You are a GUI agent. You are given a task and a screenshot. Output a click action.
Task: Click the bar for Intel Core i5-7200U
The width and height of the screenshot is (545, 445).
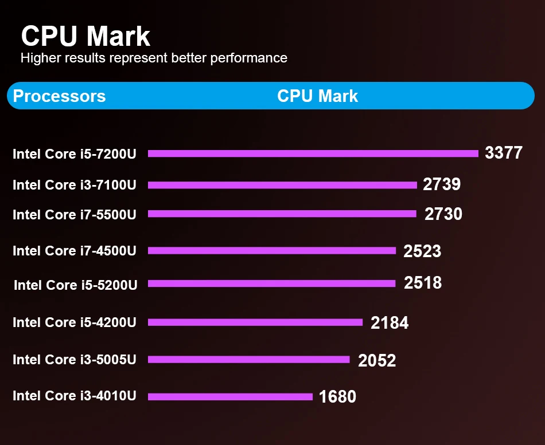pos(313,153)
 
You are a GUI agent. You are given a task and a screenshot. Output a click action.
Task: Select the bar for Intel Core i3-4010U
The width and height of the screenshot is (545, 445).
pos(230,396)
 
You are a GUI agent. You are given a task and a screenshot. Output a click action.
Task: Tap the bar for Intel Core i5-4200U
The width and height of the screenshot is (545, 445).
pos(255,322)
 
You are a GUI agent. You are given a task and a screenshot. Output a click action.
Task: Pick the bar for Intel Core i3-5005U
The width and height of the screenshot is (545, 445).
pos(249,360)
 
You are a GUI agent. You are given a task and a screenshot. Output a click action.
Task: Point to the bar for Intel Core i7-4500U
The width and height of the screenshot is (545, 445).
pos(272,250)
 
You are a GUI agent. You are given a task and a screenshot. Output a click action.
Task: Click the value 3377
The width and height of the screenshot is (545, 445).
pos(504,153)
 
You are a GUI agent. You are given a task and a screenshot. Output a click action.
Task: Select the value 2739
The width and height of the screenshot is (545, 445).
pos(442,184)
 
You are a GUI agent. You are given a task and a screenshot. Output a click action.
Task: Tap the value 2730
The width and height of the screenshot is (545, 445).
pos(443,214)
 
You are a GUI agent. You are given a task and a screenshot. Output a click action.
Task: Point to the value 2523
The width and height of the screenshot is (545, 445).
pos(422,251)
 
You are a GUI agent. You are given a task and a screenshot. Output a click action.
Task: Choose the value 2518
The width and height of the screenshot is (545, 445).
pos(423,283)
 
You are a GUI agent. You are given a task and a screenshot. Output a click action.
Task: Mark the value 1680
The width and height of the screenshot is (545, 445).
pos(337,396)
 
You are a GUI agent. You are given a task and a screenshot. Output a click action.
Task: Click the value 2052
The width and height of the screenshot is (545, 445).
pos(377,360)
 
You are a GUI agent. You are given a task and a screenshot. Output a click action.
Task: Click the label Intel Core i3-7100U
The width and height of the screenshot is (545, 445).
pos(75,185)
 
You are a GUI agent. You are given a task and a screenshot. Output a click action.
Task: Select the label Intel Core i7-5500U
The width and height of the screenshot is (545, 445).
pos(75,215)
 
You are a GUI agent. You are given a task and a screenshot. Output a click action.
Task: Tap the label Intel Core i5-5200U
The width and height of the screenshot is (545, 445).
pos(76,285)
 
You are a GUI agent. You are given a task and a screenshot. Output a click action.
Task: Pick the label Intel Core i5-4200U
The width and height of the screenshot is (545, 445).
pos(75,322)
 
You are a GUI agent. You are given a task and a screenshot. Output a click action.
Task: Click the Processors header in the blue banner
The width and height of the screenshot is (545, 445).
pos(59,96)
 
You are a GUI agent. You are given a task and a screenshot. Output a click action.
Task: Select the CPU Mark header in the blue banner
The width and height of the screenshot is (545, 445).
pos(317,96)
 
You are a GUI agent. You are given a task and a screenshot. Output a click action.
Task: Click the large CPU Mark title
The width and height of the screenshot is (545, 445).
pos(85,36)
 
